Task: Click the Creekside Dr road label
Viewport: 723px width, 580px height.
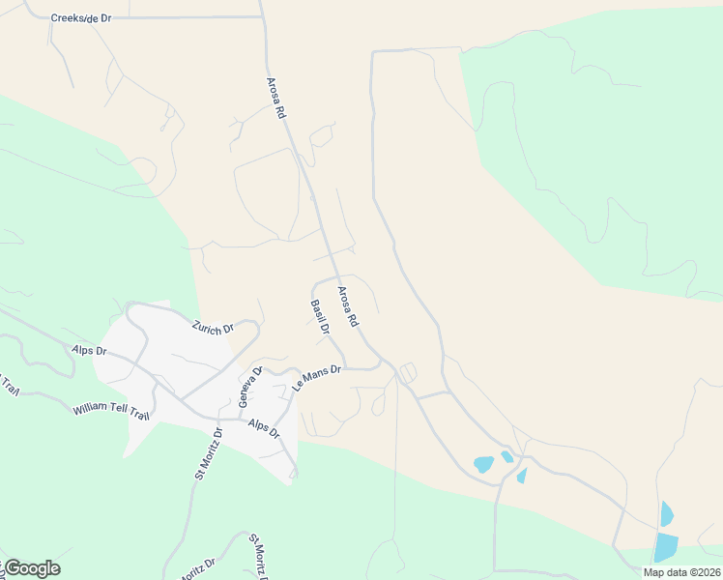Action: tap(81, 17)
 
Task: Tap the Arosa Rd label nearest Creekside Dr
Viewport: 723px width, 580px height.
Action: tap(278, 99)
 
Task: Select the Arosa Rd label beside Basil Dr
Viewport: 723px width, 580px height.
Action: tap(348, 305)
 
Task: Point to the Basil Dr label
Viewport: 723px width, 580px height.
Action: tap(321, 317)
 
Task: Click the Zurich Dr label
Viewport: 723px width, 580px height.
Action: tap(213, 327)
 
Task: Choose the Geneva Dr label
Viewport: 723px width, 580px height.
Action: tap(244, 387)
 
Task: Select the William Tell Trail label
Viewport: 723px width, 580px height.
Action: tap(111, 410)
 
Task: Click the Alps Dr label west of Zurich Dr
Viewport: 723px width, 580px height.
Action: tap(87, 350)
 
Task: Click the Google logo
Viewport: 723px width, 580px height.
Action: tap(31, 568)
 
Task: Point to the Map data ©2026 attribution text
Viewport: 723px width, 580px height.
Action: tap(680, 572)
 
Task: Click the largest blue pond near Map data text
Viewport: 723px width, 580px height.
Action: tap(666, 546)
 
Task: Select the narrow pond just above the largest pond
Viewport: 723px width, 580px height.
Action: tap(666, 512)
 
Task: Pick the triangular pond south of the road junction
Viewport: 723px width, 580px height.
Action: tap(522, 476)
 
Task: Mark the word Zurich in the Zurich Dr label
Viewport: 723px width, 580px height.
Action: tap(207, 326)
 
